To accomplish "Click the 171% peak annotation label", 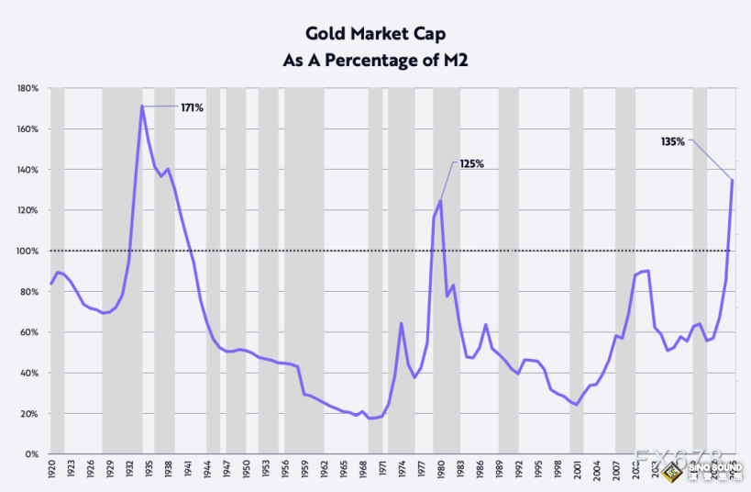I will pos(192,107).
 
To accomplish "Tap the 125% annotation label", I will pos(471,163).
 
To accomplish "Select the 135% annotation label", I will pos(673,141).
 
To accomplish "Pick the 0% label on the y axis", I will pos(30,454).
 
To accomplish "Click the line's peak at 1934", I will pos(142,106).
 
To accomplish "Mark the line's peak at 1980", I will pos(441,200).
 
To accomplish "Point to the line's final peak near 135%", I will pos(733,179).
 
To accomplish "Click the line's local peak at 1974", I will pos(402,323).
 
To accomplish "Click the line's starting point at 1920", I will pos(51,284).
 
